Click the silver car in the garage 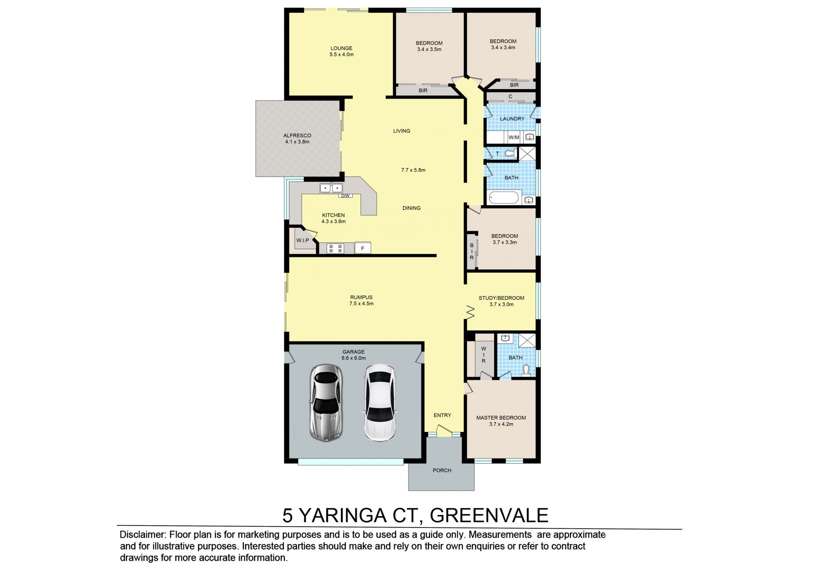click(x=326, y=403)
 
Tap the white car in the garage click(x=380, y=402)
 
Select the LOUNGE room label click(x=341, y=48)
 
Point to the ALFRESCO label click(x=297, y=135)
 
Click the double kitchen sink click(x=331, y=188)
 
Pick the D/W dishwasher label click(x=345, y=196)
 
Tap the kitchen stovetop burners click(x=335, y=248)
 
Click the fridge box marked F click(x=363, y=248)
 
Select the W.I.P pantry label click(x=303, y=241)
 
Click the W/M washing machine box click(x=514, y=137)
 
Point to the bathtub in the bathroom click(x=504, y=198)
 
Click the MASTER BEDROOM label click(x=501, y=418)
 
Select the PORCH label click(x=442, y=471)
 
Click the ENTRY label click(x=442, y=415)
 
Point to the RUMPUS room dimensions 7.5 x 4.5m click(x=361, y=304)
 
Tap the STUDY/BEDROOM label click(x=501, y=298)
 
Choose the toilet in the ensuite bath click(x=526, y=370)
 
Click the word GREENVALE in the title click(x=489, y=515)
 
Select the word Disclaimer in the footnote click(x=142, y=535)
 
